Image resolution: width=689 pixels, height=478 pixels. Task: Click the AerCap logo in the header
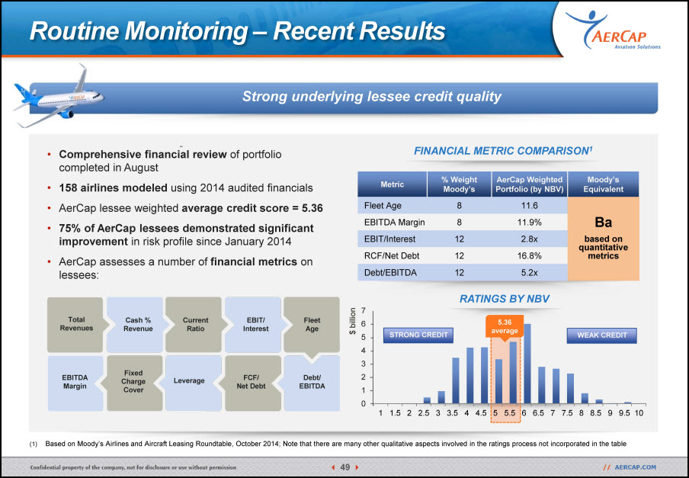pos(613,30)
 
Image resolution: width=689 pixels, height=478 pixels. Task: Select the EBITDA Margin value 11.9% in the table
pos(530,223)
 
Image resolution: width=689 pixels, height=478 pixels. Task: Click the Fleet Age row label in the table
pos(383,206)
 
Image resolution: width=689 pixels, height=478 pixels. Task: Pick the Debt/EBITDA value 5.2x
pos(530,273)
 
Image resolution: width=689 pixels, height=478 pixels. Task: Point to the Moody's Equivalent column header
pos(603,184)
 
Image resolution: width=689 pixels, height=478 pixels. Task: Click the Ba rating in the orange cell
pos(604,223)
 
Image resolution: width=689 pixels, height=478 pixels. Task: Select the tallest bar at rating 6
pos(527,364)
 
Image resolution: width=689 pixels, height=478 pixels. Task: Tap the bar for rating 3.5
pos(455,380)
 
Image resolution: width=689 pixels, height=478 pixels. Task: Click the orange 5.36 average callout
pos(505,327)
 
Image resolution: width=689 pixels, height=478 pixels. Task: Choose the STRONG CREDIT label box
pos(418,335)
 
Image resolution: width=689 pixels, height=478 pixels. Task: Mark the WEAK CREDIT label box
pos(601,335)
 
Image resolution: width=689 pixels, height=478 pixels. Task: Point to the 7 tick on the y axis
pos(363,310)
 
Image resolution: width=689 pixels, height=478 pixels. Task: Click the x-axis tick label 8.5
pos(595,413)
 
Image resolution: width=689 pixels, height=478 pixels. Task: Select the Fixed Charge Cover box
pos(133,382)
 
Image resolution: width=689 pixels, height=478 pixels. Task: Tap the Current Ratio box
pos(195,325)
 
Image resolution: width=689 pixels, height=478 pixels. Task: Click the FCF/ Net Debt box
pos(252,382)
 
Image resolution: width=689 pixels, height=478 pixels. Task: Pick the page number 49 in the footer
pos(345,467)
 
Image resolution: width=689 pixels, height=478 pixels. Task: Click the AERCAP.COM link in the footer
pos(635,467)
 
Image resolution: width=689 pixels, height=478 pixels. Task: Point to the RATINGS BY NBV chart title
pos(505,299)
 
